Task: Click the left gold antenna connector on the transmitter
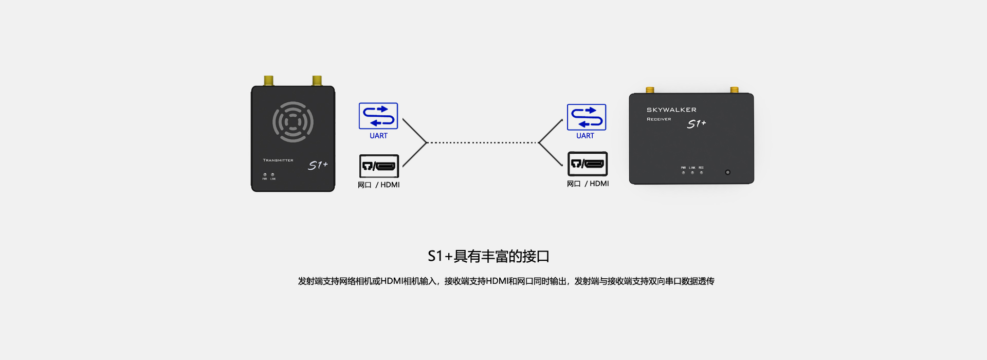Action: [268, 81]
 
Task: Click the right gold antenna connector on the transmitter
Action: [317, 81]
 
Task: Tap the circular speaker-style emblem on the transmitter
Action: [293, 122]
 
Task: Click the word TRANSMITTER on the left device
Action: [278, 160]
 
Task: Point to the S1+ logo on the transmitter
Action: [318, 165]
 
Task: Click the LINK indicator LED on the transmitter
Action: [272, 175]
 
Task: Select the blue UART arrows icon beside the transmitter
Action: [378, 116]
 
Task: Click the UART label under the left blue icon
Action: [378, 136]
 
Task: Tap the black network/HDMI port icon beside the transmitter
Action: [379, 166]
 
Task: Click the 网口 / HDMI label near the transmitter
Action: [379, 185]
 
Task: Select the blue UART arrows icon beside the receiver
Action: [587, 117]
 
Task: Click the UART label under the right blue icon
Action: [585, 136]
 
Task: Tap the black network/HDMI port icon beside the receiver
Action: [588, 164]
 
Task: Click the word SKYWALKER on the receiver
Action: [671, 110]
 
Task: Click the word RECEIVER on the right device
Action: [659, 119]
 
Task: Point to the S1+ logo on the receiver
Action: [697, 124]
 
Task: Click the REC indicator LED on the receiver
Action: [701, 173]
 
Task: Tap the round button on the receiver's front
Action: [727, 172]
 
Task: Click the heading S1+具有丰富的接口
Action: [488, 256]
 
